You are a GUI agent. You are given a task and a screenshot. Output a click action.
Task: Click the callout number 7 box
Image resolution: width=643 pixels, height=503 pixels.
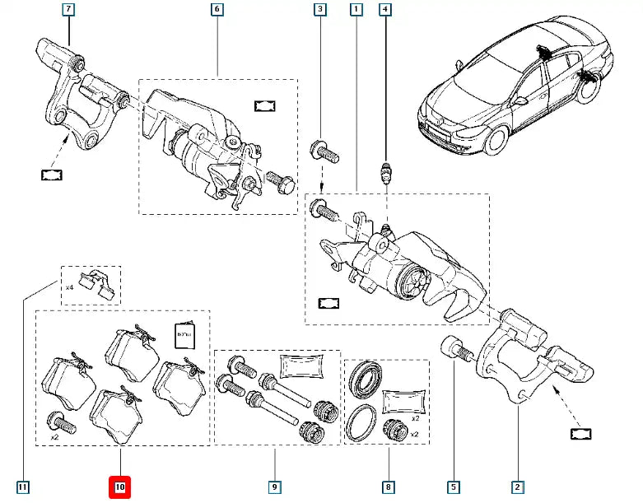point(68,11)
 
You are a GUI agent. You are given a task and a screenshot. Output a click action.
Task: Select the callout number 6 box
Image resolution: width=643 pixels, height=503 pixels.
point(217,11)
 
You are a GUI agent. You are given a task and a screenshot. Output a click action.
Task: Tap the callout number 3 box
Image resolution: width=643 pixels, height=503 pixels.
point(319,11)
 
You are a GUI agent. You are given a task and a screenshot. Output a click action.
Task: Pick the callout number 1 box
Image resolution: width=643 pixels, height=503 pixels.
point(356,11)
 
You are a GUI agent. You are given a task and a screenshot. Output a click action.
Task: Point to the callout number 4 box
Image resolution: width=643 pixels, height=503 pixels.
point(384,11)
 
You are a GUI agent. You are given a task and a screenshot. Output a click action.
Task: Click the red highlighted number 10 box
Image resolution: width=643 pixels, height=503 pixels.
point(120,488)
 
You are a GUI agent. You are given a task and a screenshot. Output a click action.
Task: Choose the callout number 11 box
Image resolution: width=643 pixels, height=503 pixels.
point(22,488)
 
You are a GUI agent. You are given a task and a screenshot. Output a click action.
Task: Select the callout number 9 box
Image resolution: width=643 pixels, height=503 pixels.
point(275,488)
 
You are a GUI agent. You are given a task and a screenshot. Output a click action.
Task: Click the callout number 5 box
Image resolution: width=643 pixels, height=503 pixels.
point(454,488)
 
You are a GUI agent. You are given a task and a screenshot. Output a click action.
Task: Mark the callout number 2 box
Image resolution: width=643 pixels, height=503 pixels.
point(517,488)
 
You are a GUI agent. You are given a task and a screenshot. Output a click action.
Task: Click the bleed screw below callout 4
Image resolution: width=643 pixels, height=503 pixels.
point(384,175)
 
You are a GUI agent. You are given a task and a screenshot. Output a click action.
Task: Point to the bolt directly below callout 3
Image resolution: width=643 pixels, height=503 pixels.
point(320,152)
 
